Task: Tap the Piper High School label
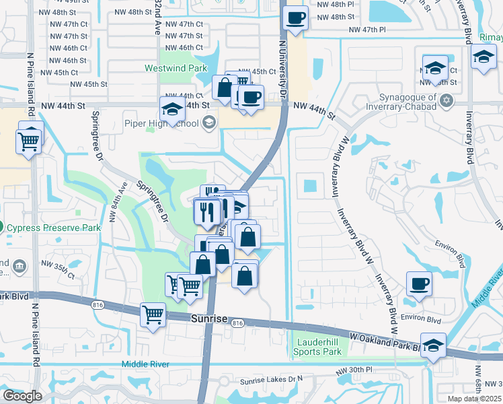click(x=171, y=123)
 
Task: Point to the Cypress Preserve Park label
click(x=54, y=228)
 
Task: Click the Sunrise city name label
click(x=209, y=318)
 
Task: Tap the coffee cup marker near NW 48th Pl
click(x=295, y=18)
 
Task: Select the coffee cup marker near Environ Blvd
click(x=419, y=283)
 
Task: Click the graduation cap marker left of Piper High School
click(x=172, y=109)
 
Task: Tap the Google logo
click(x=22, y=396)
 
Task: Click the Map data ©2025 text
click(x=474, y=399)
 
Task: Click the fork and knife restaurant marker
click(x=207, y=212)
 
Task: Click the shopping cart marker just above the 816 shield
click(x=153, y=314)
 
